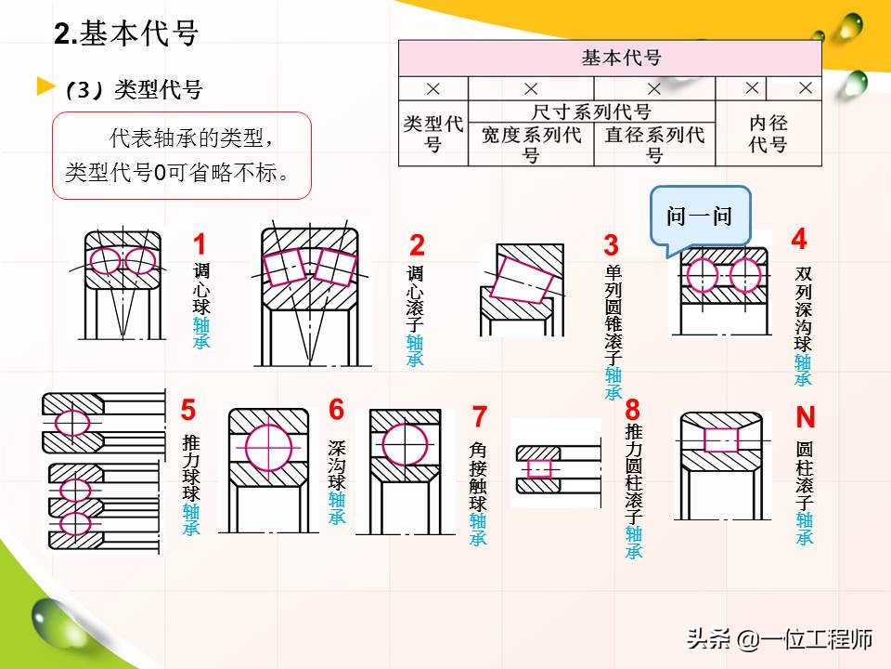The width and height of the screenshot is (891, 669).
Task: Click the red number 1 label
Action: [x=200, y=245]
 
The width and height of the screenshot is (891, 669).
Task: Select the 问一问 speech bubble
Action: [x=699, y=216]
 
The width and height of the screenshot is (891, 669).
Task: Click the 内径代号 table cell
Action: [x=768, y=133]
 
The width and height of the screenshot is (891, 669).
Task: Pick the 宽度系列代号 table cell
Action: [x=531, y=143]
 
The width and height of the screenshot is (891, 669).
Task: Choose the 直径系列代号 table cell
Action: [x=654, y=143]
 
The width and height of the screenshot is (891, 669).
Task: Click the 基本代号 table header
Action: [x=610, y=58]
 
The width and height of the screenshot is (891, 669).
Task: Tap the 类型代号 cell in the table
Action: [x=433, y=133]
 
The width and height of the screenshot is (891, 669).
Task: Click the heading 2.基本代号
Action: [x=127, y=34]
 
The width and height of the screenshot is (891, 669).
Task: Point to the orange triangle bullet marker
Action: [x=45, y=87]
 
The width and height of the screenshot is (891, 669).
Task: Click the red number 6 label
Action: [x=336, y=410]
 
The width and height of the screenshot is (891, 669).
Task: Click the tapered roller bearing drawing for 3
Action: [x=520, y=288]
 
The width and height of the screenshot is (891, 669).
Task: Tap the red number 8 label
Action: [x=633, y=410]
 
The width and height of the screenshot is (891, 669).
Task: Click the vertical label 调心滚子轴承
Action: [x=415, y=316]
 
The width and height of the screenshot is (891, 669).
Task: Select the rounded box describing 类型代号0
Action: [x=181, y=156]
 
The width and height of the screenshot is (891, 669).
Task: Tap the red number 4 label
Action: [x=799, y=240]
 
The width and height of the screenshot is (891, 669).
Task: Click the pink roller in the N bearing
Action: [x=721, y=439]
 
